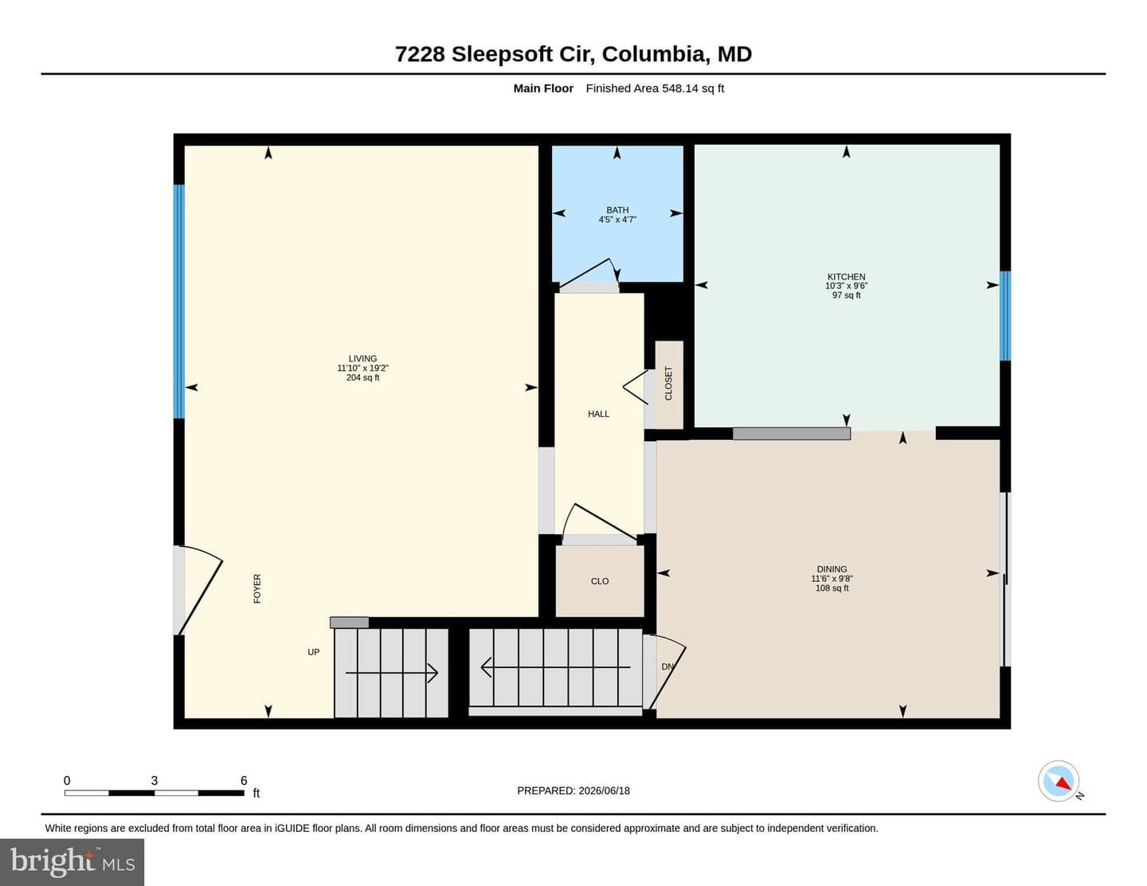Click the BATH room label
[x=617, y=210]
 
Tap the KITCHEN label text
[x=846, y=277]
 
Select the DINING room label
[x=832, y=569]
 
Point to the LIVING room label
[x=362, y=358]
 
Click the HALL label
[x=598, y=414]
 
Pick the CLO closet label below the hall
[x=600, y=581]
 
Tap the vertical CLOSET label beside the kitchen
[x=668, y=384]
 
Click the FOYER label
[x=257, y=588]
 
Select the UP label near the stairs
[x=314, y=652]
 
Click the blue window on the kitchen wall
[x=1005, y=316]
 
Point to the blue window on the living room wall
[x=179, y=302]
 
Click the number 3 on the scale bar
[x=155, y=780]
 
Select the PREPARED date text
[x=573, y=790]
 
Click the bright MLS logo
[x=72, y=862]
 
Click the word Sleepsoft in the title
[x=502, y=54]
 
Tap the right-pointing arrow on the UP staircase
[x=392, y=673]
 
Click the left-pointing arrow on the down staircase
[x=555, y=667]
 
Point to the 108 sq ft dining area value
[x=832, y=588]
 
